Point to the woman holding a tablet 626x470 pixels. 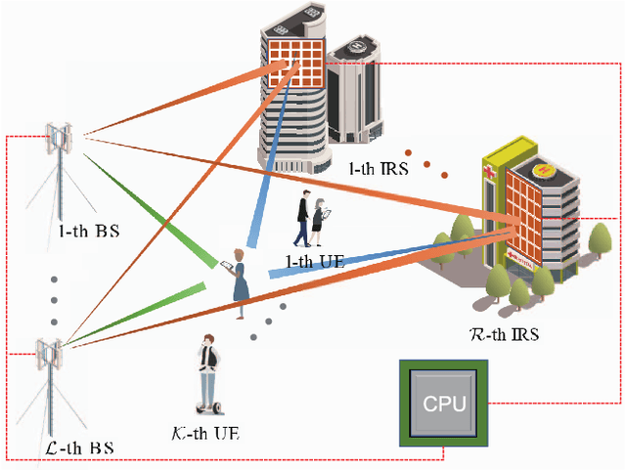click(238, 283)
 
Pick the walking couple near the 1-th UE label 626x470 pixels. click(312, 223)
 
